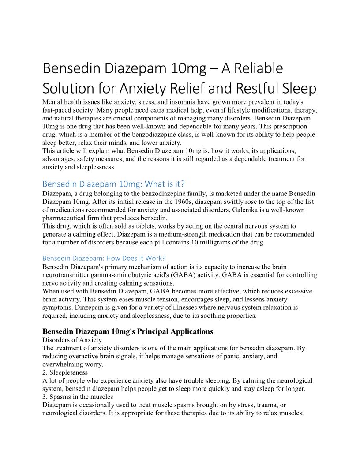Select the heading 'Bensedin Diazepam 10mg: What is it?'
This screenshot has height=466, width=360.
tap(113, 184)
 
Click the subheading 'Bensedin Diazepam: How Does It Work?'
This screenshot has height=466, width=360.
tap(104, 258)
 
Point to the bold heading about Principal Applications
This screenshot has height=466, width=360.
tap(127, 331)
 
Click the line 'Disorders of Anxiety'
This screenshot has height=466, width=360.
tap(72, 339)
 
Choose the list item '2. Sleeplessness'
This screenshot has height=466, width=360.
tap(65, 372)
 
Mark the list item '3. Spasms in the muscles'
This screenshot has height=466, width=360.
tap(78, 397)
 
